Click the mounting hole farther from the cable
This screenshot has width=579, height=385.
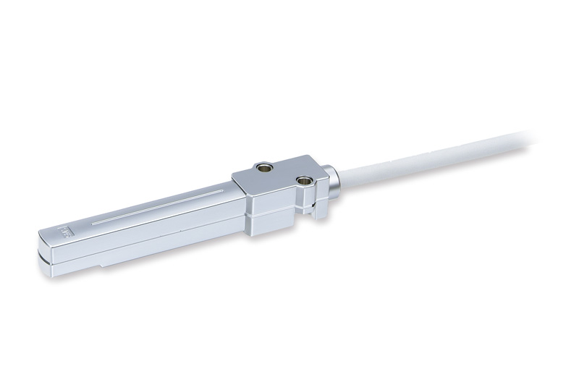click(263, 168)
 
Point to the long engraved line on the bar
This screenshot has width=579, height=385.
click(159, 208)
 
